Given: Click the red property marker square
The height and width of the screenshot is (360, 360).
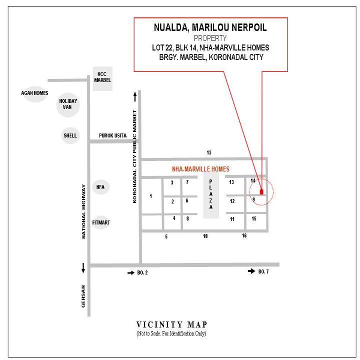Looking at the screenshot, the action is (x=261, y=192).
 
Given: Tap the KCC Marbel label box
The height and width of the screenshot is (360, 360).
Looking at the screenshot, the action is (x=102, y=78).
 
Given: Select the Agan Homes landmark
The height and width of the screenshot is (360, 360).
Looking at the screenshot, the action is (x=35, y=93).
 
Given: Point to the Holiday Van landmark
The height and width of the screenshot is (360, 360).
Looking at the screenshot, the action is (x=68, y=104).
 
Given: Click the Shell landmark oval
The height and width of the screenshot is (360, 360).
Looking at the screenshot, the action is (x=70, y=135).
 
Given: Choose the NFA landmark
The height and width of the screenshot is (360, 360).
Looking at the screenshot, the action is (x=100, y=187).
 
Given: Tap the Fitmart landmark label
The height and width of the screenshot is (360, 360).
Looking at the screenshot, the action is (x=101, y=222).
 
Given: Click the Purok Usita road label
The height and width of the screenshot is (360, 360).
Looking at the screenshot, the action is (x=112, y=135).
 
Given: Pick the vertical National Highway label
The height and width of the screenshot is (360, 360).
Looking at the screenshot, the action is (x=83, y=211).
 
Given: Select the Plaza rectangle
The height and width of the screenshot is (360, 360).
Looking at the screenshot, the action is (x=211, y=195).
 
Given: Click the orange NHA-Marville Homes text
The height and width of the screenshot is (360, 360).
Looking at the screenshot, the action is (x=200, y=169).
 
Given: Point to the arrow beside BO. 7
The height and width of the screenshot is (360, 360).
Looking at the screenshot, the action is (x=251, y=271).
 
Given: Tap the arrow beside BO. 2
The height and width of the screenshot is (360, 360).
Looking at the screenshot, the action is (x=131, y=273).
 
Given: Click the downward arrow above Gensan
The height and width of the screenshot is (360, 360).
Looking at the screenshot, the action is (x=83, y=268).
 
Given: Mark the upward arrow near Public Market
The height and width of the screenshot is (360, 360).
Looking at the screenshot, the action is (x=135, y=96).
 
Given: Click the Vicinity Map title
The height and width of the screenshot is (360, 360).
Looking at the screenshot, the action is (x=172, y=324).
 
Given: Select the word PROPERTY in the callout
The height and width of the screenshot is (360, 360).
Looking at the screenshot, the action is (x=210, y=38).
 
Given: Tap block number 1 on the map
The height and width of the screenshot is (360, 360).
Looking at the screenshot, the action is (x=151, y=196).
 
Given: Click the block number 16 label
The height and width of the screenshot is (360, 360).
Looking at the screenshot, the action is (x=244, y=235).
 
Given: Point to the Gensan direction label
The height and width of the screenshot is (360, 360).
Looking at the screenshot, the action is (x=83, y=296).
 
